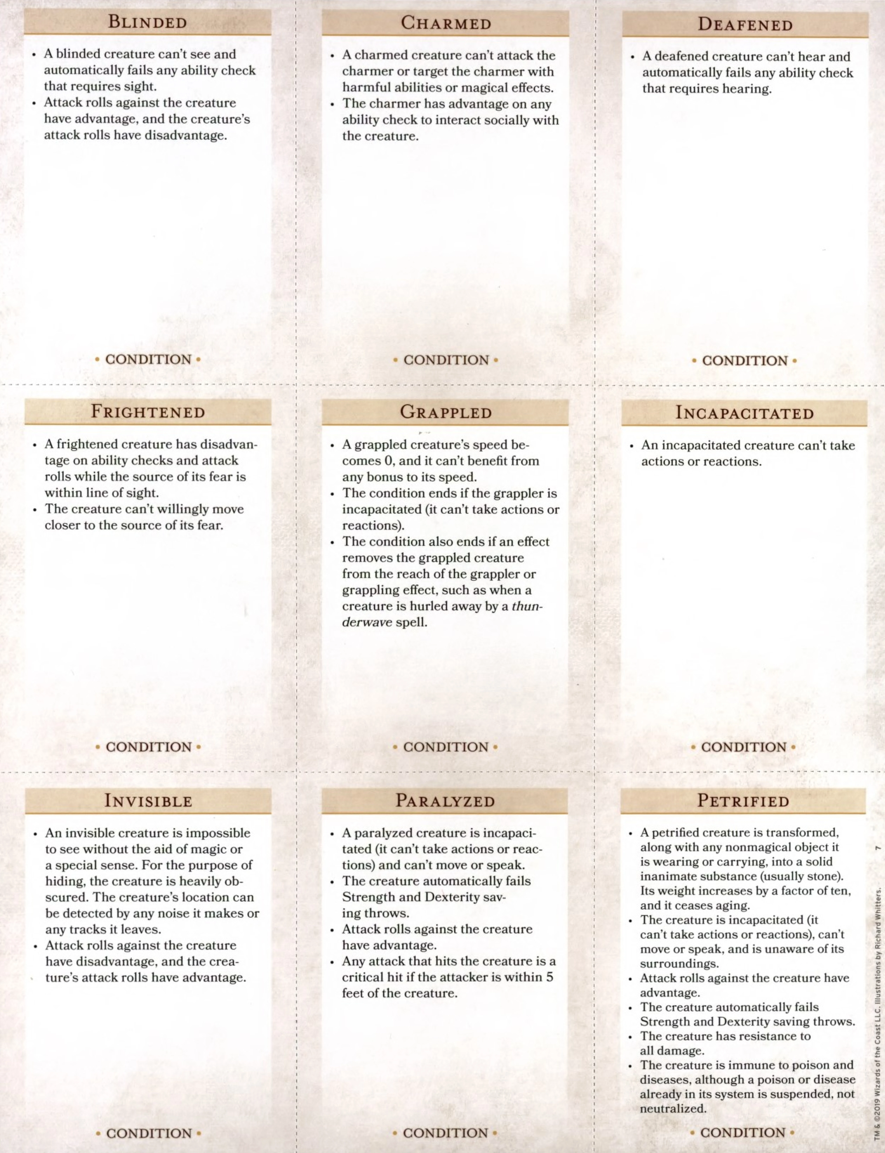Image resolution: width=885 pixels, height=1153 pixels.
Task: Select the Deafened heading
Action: point(745,25)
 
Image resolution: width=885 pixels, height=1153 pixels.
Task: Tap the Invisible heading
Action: point(148,801)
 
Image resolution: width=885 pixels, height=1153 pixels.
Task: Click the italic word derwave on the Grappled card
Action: point(367,622)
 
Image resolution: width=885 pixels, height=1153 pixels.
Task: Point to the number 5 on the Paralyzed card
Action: point(549,977)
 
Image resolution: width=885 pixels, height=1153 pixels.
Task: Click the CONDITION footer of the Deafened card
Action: point(744,361)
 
